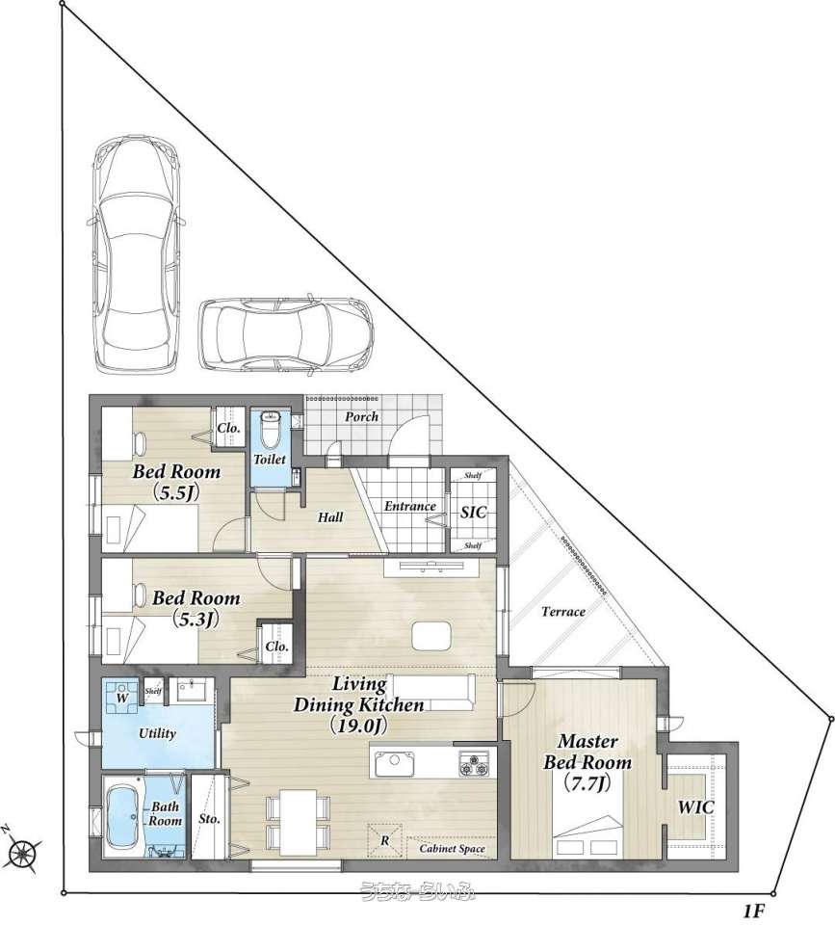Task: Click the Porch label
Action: point(361,416)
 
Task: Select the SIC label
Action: point(473,512)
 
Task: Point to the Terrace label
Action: point(563,612)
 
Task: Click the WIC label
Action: point(695,807)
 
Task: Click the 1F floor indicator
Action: point(753,912)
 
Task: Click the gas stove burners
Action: point(474,764)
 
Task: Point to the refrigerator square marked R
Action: point(384,840)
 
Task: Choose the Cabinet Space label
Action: point(453,848)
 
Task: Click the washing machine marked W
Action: point(122,696)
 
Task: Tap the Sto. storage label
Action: point(209,819)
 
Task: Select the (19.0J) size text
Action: point(358,725)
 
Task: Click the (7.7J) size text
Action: point(587,782)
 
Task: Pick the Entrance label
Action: point(410,506)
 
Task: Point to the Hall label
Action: point(330,517)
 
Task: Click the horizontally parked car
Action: point(286,334)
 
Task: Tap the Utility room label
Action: point(157,733)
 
